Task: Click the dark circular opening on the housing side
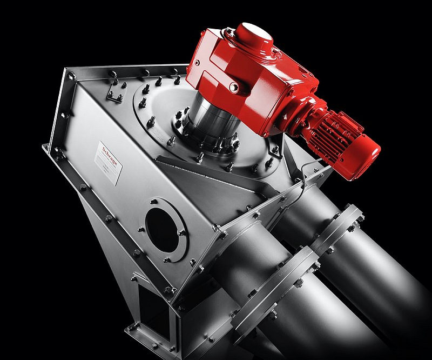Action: tap(164, 229)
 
